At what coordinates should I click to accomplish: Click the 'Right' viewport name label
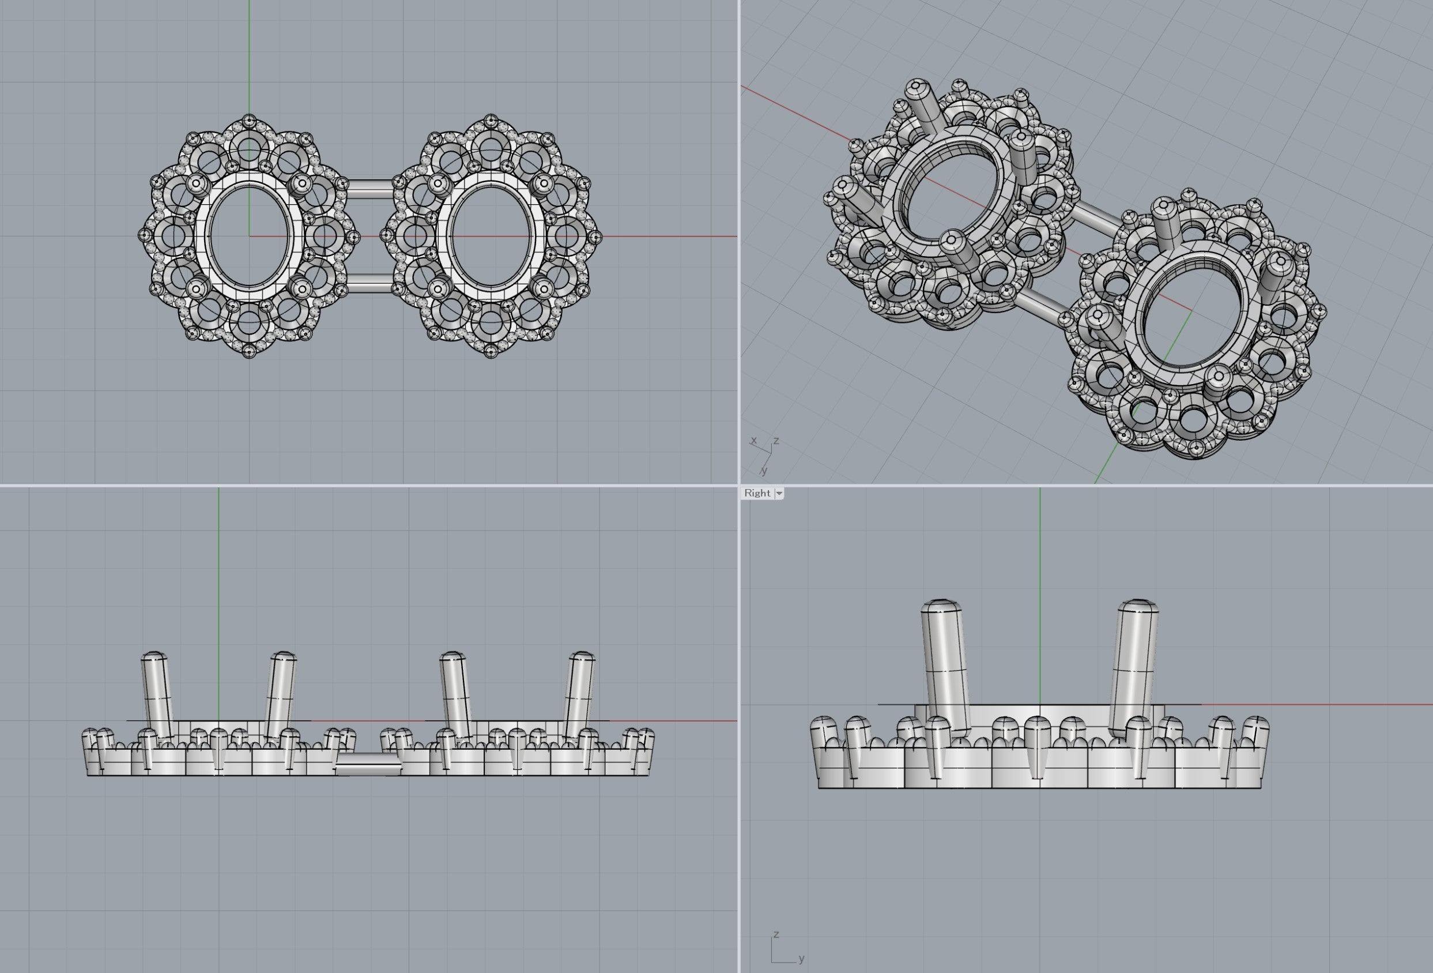pyautogui.click(x=757, y=493)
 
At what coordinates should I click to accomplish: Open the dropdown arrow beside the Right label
pyautogui.click(x=779, y=494)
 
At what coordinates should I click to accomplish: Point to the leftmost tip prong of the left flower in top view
pyautogui.click(x=144, y=235)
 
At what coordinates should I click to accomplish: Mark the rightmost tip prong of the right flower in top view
pyautogui.click(x=594, y=236)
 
